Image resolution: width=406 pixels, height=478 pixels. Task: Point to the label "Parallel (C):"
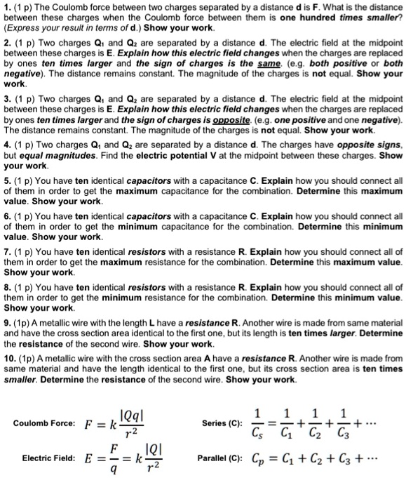click(222, 457)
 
